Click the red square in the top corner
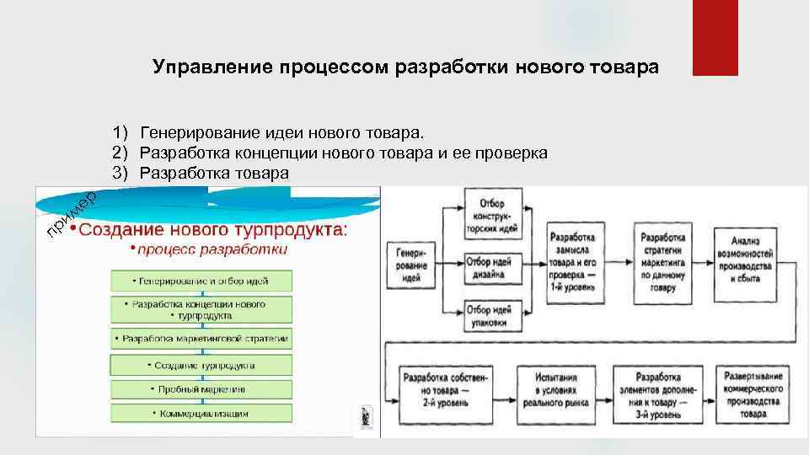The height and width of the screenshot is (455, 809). [x=714, y=37]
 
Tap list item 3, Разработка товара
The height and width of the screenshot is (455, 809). [x=214, y=173]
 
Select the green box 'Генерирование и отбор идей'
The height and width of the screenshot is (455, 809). [x=201, y=281]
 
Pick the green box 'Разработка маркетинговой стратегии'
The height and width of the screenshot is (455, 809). [x=201, y=339]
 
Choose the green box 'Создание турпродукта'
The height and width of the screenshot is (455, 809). [x=201, y=365]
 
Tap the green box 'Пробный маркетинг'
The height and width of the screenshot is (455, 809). [x=201, y=389]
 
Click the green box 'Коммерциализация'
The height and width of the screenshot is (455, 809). [x=201, y=413]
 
